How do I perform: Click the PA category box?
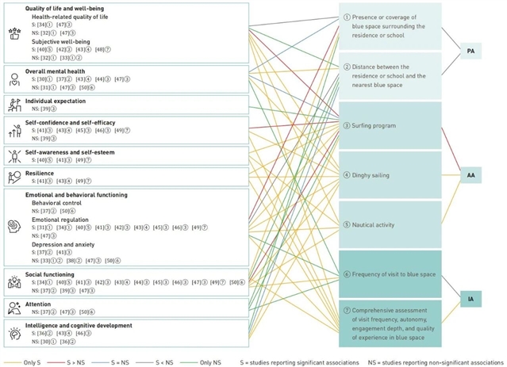tap(470, 51)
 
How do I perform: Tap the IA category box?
tap(470, 298)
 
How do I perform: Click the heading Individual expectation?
tap(58, 101)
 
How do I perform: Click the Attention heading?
tap(40, 303)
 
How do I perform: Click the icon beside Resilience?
tap(14, 176)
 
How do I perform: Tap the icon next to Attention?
tap(14, 308)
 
